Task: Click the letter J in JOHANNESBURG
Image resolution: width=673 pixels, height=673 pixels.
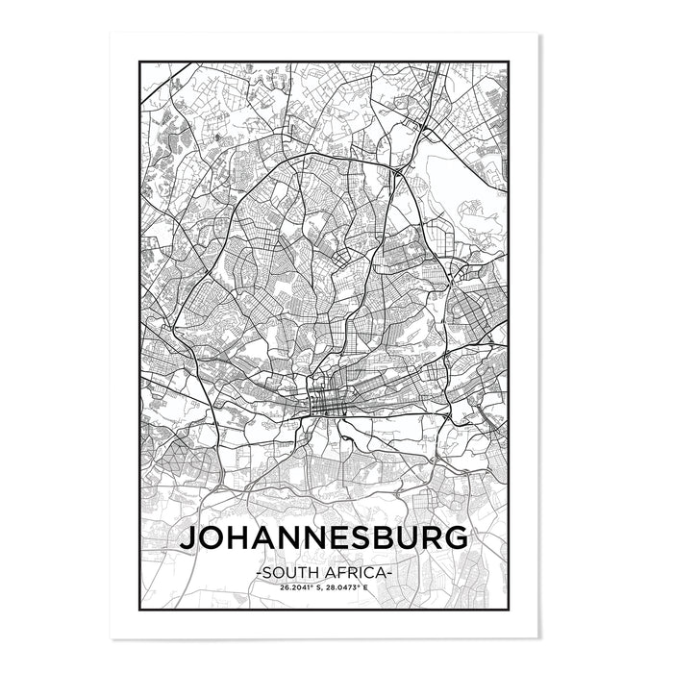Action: point(188,537)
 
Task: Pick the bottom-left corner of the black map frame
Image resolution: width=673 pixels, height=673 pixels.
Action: point(141,611)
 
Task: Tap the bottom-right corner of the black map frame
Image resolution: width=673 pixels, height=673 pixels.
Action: point(508,611)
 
